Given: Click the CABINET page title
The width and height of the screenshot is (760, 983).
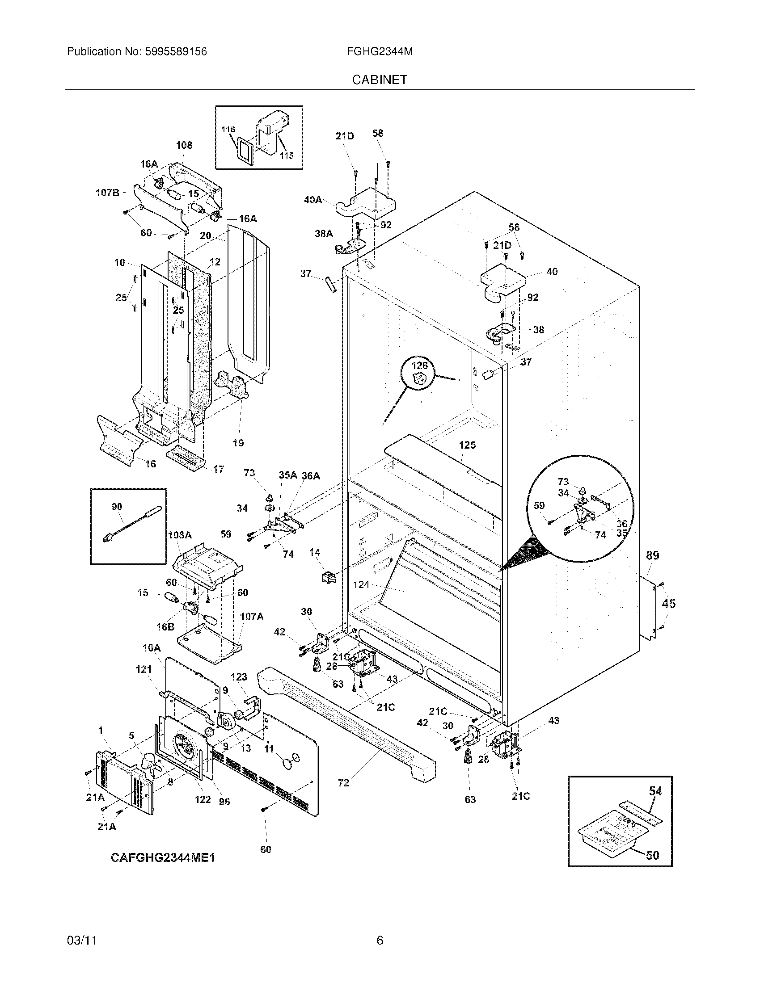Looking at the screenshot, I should (380, 80).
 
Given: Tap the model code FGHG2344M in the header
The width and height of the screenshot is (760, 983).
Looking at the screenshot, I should (380, 52).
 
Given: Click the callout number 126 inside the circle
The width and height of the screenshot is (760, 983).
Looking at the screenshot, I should (419, 365).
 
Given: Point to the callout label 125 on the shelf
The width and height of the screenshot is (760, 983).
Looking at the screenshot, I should (467, 445).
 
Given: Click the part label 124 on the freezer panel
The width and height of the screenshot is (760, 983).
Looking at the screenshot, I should (361, 585).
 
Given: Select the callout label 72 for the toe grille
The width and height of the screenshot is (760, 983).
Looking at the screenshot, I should (343, 783).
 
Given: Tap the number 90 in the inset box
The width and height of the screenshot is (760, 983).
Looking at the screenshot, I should (117, 507).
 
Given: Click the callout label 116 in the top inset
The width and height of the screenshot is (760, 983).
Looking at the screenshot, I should (228, 130).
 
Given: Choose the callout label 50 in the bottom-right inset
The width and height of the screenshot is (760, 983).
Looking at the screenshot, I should (652, 855).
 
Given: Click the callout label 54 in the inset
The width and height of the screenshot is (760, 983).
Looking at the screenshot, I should (655, 791).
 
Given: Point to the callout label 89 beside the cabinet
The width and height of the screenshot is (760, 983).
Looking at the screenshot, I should (652, 555).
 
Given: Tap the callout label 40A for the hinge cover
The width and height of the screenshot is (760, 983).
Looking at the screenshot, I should (313, 200).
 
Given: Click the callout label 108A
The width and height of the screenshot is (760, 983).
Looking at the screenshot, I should (180, 535).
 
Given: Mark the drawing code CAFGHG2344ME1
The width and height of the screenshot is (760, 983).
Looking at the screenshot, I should (163, 858).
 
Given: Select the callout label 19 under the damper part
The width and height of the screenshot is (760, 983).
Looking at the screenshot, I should (238, 443).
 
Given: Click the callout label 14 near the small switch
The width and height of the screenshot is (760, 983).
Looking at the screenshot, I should (314, 552).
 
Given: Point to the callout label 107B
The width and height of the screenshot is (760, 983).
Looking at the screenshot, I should (107, 193).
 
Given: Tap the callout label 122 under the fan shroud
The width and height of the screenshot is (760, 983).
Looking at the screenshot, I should (203, 799).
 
